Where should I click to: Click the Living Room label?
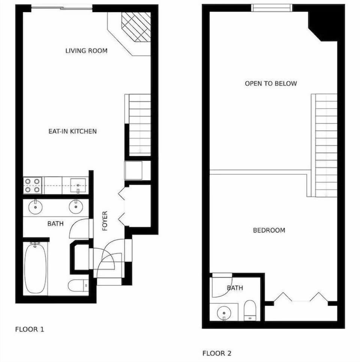coord(86,51)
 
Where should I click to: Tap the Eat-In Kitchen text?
coord(72,131)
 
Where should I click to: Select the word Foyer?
coord(105,221)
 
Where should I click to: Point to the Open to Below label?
coord(271,83)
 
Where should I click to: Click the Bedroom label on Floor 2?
coord(269,230)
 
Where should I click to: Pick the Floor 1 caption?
coord(30,330)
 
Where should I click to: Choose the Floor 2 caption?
coord(217,353)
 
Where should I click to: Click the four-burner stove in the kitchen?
coord(33,185)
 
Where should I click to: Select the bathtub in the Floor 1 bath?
coord(36,268)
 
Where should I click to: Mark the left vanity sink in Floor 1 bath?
coord(36,206)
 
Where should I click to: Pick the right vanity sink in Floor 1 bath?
coord(76,206)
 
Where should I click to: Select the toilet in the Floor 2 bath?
coord(250,311)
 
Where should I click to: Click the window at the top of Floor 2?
coord(271,8)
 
